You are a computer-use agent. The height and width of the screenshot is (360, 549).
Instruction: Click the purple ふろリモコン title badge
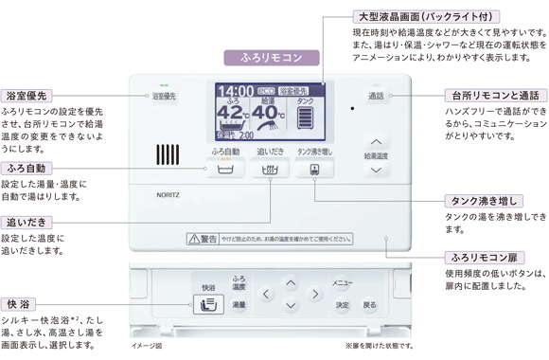click(x=273, y=58)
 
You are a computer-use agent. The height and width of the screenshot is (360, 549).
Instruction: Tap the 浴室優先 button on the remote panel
click(x=164, y=96)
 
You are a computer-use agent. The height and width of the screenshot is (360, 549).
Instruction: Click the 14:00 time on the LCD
click(x=235, y=92)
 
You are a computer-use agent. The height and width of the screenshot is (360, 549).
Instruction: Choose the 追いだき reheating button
click(x=269, y=171)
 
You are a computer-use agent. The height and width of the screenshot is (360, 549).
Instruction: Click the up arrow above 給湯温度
click(x=376, y=141)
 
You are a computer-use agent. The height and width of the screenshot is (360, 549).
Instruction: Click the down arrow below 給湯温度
click(x=376, y=170)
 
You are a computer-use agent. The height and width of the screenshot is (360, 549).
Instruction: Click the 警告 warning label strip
click(x=269, y=239)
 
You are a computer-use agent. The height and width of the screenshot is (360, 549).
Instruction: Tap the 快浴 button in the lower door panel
click(x=207, y=304)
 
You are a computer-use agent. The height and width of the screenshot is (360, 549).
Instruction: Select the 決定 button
click(x=342, y=305)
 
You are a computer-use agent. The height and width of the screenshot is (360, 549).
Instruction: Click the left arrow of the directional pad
click(x=268, y=295)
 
